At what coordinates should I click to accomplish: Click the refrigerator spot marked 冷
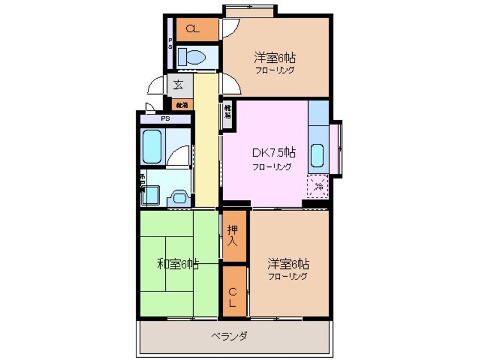click(319, 186)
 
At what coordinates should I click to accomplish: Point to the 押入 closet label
click(233, 236)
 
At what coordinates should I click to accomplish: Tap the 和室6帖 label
click(177, 264)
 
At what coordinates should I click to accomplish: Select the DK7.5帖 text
click(273, 152)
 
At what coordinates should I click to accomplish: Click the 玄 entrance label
click(178, 86)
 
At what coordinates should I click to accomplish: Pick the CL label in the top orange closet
click(193, 30)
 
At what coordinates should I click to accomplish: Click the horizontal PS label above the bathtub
click(165, 119)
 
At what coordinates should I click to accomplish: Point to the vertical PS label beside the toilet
click(170, 44)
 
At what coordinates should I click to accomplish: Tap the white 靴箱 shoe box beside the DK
click(227, 112)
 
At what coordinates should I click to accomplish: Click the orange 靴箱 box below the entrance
click(181, 105)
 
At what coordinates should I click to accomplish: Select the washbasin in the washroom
click(180, 197)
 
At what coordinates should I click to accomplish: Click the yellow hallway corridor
click(207, 142)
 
